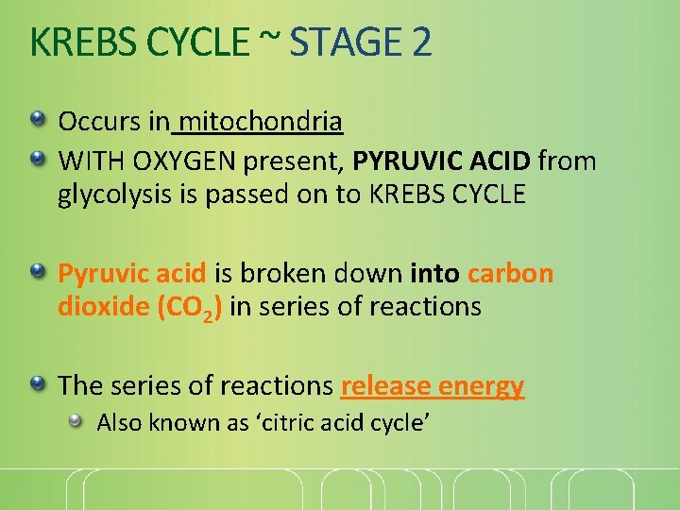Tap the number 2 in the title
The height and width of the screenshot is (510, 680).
tap(421, 42)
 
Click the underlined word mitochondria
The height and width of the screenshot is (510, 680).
tap(260, 122)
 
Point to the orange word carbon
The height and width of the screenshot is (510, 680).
tap(510, 274)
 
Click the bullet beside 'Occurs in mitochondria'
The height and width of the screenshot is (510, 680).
tap(37, 120)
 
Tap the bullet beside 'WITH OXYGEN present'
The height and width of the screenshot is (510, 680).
tap(37, 160)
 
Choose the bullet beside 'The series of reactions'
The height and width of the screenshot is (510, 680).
tap(37, 383)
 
